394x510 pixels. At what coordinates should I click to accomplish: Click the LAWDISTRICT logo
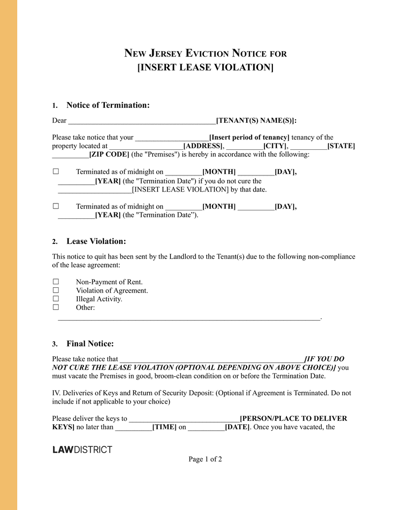coord(82,449)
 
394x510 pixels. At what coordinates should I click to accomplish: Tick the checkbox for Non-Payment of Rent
coord(56,282)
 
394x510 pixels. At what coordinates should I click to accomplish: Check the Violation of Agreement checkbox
coord(56,290)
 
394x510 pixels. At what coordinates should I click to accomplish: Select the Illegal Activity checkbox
coord(56,299)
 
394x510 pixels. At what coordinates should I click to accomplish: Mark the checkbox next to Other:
coord(56,307)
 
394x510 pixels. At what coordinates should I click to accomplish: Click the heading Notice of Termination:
coord(108,105)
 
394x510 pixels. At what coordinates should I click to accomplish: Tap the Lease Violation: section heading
coord(96,241)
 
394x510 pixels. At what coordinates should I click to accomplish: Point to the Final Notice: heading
coord(90,343)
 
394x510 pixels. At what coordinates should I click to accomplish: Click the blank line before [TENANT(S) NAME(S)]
coord(142,121)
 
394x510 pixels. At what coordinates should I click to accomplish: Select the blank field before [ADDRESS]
coord(146,146)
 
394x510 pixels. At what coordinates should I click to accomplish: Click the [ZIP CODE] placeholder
coord(109,154)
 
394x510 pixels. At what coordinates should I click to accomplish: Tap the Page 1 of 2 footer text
coord(205,459)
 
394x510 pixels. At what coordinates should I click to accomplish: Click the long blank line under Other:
coord(189,319)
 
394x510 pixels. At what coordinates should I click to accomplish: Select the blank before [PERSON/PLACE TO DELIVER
coord(184,418)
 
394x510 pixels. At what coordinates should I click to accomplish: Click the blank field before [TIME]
coord(133,427)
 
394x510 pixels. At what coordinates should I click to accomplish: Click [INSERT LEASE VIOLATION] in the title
coord(205,67)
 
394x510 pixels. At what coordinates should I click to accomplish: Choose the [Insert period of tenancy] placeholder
coord(249,137)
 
